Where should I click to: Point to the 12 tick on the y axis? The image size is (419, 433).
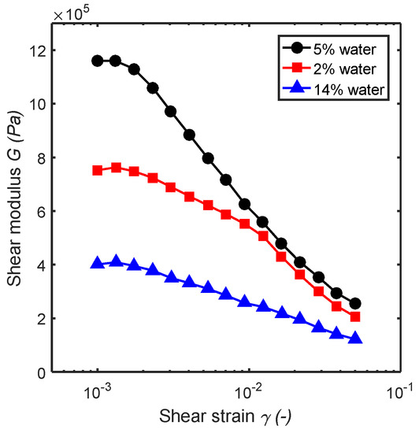pyautogui.click(x=36, y=50)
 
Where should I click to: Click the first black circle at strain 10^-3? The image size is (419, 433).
pyautogui.click(x=98, y=61)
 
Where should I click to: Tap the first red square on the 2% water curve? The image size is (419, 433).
pyautogui.click(x=98, y=170)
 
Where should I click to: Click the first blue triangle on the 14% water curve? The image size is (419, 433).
pyautogui.click(x=98, y=263)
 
